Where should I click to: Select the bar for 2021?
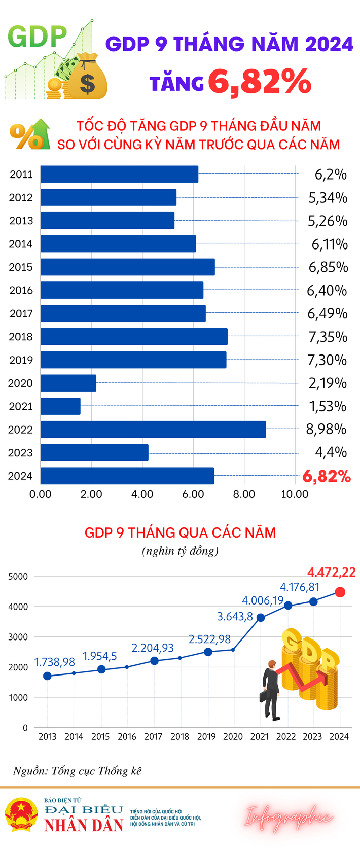coord(60,406)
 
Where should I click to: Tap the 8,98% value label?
coord(326,430)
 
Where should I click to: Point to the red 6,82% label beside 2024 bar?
coord(327,476)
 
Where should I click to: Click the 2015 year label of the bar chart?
coord(21,267)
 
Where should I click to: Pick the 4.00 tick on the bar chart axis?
coord(142,494)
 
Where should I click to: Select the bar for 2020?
coord(68,383)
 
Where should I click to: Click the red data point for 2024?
coord(340,592)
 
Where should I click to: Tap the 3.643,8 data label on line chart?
coord(235,617)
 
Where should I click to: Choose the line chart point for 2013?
coord(48,676)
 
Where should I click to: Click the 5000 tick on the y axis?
coord(18,577)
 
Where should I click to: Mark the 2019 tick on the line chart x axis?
coord(206,737)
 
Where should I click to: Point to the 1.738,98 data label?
coord(55,662)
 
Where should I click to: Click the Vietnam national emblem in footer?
coord(21,814)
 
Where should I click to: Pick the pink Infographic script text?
coord(290,817)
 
